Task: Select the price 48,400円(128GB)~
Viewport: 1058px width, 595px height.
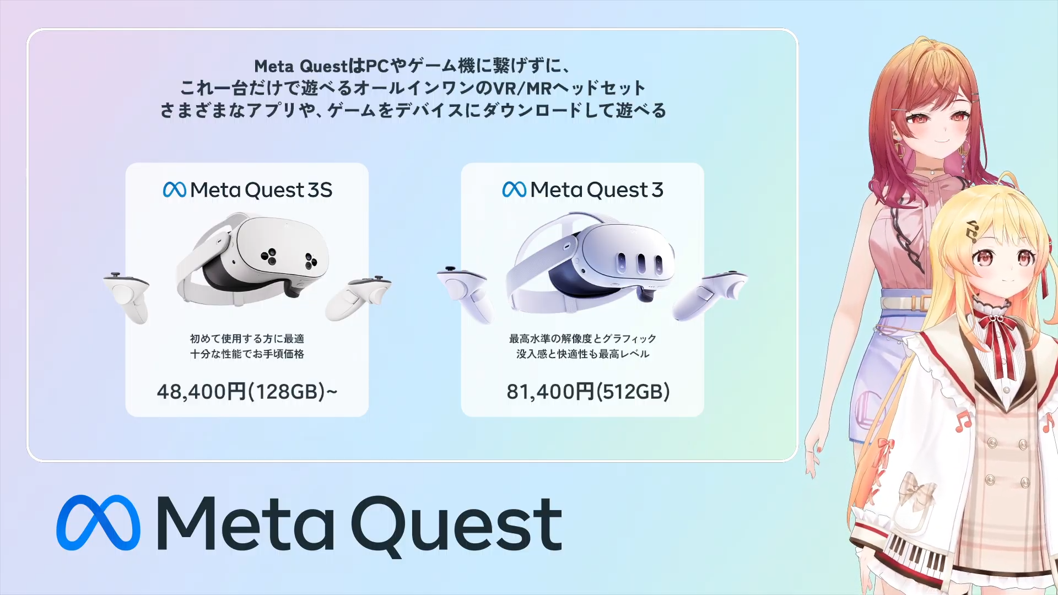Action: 247,392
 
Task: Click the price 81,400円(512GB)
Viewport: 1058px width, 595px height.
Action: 588,392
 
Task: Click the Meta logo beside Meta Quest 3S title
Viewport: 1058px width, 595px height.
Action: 175,190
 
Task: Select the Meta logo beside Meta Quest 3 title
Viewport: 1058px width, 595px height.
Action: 514,190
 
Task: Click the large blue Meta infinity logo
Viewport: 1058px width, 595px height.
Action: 98,523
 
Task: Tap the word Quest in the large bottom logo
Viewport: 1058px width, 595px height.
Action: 457,526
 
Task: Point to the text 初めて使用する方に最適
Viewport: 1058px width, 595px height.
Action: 247,339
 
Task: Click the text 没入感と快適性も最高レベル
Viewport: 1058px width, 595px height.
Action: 582,354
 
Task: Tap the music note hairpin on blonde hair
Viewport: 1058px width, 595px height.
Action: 972,231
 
